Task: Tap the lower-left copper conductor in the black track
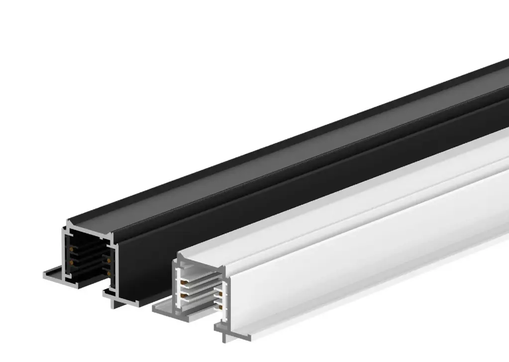[73, 261]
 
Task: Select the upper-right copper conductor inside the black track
[107, 259]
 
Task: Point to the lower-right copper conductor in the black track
[107, 272]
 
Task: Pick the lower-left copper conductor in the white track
[183, 295]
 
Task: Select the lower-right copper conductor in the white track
[217, 307]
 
